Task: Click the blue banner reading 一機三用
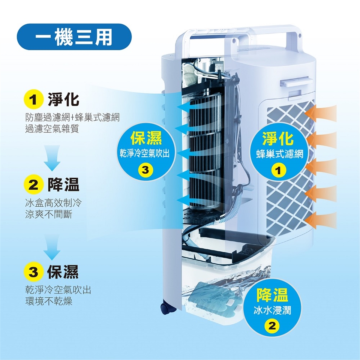74,37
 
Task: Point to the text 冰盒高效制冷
52,204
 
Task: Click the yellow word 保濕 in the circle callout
146,138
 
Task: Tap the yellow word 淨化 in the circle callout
278,139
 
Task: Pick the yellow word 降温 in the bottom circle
272,295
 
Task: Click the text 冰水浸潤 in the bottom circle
272,310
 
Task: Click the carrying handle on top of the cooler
240,32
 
